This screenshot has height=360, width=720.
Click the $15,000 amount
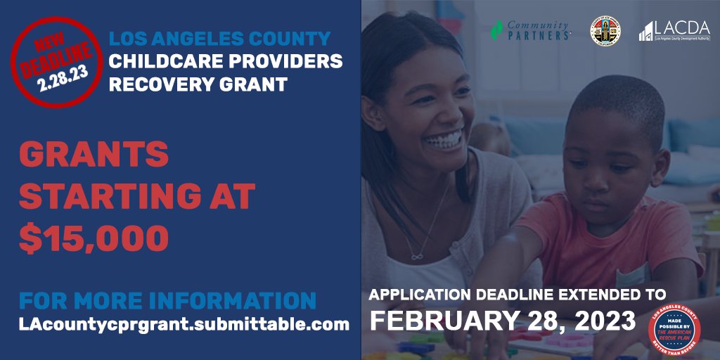(94, 238)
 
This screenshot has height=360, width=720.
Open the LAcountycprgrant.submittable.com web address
(184, 325)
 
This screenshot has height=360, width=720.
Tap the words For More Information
(167, 300)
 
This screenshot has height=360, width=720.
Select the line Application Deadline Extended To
(517, 293)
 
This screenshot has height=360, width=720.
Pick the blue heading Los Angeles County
(219, 38)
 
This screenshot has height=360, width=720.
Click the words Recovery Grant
(198, 84)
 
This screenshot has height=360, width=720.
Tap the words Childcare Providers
(225, 61)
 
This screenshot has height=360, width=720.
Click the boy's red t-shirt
(598, 243)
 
